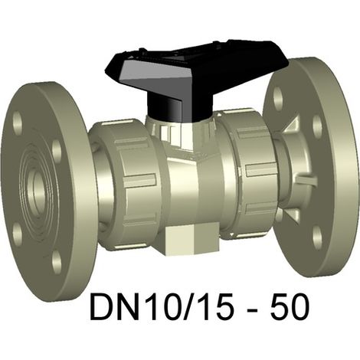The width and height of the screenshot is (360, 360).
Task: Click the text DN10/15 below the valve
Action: [162, 306]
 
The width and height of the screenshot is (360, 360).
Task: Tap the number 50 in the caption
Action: [290, 306]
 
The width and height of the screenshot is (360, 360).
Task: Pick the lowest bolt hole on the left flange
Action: [57, 262]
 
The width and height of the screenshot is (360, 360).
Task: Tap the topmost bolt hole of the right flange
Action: [278, 98]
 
